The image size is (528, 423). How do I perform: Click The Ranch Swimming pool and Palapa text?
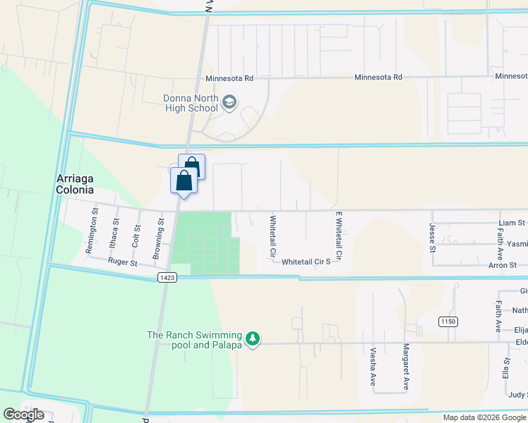pyautogui.click(x=193, y=340)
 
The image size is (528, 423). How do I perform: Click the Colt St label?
pyautogui.click(x=135, y=233)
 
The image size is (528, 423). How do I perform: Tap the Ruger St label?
pyautogui.click(x=121, y=261)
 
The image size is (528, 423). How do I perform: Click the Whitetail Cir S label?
pyautogui.click(x=306, y=262)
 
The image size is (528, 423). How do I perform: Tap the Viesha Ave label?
pyautogui.click(x=373, y=365)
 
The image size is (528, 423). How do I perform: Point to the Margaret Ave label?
pyautogui.click(x=406, y=367)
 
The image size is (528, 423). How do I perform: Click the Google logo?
pyautogui.click(x=23, y=415)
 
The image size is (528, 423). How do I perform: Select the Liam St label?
pyautogui.click(x=511, y=223)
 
